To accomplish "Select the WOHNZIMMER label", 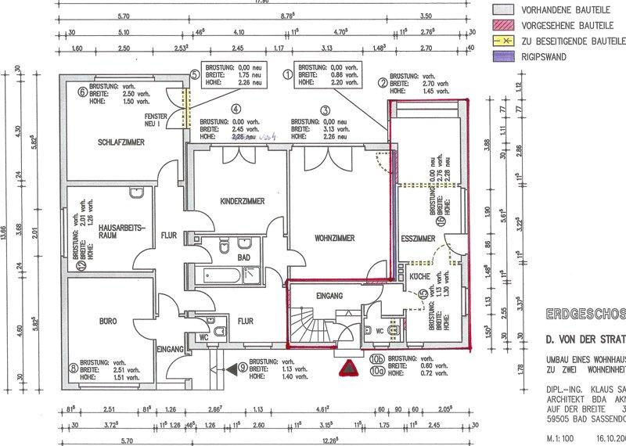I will [x=335, y=236].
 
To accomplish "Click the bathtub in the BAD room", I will [x=211, y=275].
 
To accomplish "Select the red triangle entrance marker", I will [x=344, y=367].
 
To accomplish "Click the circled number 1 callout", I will [x=287, y=75].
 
